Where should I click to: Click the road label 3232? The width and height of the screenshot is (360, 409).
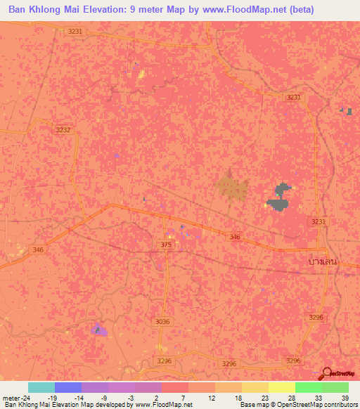point(64,130)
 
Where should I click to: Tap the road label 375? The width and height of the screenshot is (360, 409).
point(165,245)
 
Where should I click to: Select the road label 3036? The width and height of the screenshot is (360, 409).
point(162,321)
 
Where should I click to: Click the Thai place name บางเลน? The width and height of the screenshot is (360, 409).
point(323,261)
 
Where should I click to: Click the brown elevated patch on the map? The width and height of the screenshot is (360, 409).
point(231,186)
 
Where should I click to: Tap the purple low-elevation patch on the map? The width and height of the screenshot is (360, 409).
point(99,329)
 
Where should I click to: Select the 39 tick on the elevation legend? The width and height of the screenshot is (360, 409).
point(345,397)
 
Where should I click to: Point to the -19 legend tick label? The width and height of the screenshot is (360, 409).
point(61,397)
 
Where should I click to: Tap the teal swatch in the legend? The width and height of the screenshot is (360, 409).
point(41,387)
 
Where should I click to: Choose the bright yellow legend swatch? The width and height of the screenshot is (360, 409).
point(281,387)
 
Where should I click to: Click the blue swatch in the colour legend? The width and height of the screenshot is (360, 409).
point(67,387)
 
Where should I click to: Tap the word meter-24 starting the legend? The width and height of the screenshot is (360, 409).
point(16,397)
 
